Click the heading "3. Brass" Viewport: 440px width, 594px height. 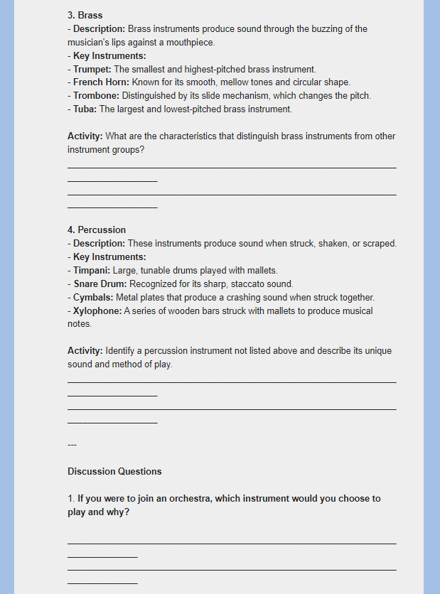[x=85, y=15]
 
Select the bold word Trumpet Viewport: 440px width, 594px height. [x=92, y=69]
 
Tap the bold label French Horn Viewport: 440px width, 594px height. [x=101, y=82]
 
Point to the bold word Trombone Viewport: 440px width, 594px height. [x=96, y=96]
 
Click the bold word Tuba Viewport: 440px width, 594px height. [x=84, y=109]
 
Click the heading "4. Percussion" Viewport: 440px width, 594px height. [x=97, y=229]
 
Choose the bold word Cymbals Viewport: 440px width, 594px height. [x=93, y=298]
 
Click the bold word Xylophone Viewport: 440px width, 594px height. [x=97, y=311]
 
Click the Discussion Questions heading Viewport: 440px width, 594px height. [x=114, y=471]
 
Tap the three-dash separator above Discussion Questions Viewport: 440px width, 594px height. [x=72, y=445]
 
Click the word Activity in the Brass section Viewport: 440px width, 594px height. [x=85, y=136]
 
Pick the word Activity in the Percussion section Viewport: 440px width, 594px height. [x=85, y=351]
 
